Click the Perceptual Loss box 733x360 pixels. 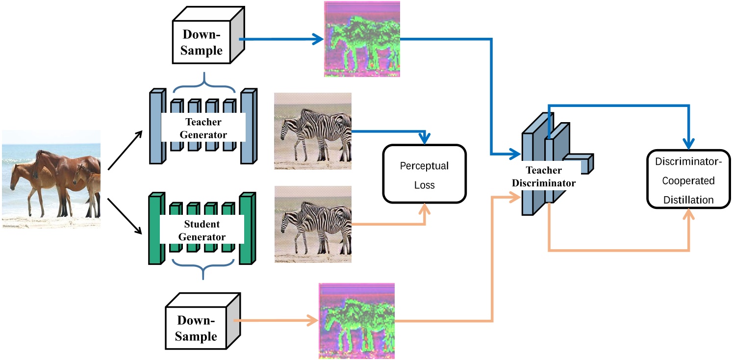[424, 174]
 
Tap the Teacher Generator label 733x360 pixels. [203, 128]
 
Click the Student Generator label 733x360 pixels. [202, 231]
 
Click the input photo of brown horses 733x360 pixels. [51, 180]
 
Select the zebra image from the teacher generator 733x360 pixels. [313, 131]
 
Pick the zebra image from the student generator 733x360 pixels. [313, 224]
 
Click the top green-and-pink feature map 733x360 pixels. [362, 39]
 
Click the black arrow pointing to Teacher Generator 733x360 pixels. [125, 150]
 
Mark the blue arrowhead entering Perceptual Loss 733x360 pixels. [425, 139]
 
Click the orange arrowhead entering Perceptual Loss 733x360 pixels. [425, 208]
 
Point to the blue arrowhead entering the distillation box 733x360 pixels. [689, 143]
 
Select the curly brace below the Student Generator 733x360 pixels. [202, 270]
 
